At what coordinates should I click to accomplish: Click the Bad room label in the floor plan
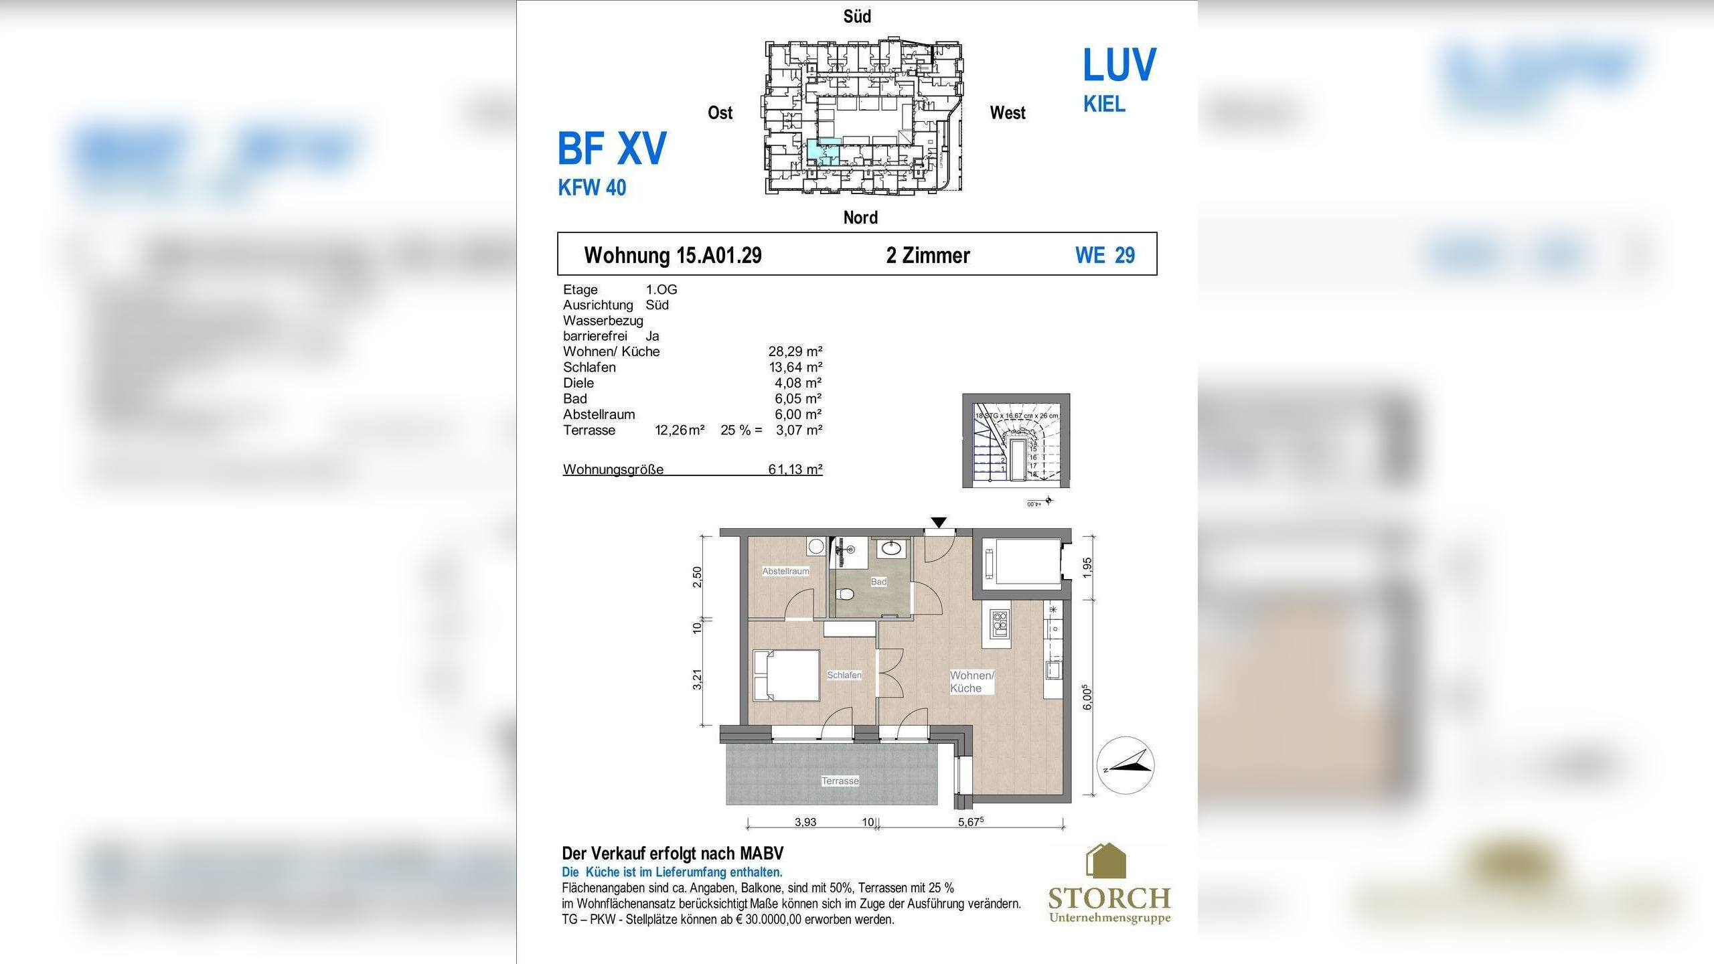tap(878, 582)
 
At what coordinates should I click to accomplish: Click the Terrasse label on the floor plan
tap(840, 781)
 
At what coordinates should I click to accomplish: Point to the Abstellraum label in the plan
tap(785, 571)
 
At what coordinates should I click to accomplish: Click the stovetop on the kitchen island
tap(999, 623)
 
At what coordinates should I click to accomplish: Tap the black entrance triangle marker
tap(939, 522)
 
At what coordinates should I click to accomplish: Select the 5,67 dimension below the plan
tap(970, 822)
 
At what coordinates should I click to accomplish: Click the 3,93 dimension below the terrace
tap(805, 822)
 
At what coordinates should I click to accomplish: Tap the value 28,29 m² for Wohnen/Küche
tap(795, 351)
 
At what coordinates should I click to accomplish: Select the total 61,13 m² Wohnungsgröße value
tap(795, 469)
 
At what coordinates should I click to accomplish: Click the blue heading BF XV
tap(612, 148)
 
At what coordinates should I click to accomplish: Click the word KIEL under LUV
tap(1104, 104)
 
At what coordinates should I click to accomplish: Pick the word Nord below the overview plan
tap(860, 218)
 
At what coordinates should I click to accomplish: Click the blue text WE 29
tap(1105, 255)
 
